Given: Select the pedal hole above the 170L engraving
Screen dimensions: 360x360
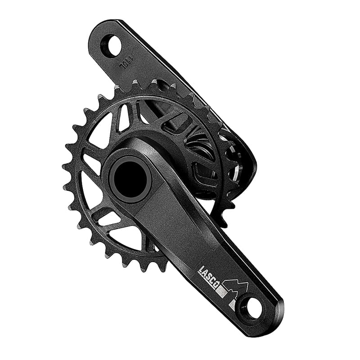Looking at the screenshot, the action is point(112,45).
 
